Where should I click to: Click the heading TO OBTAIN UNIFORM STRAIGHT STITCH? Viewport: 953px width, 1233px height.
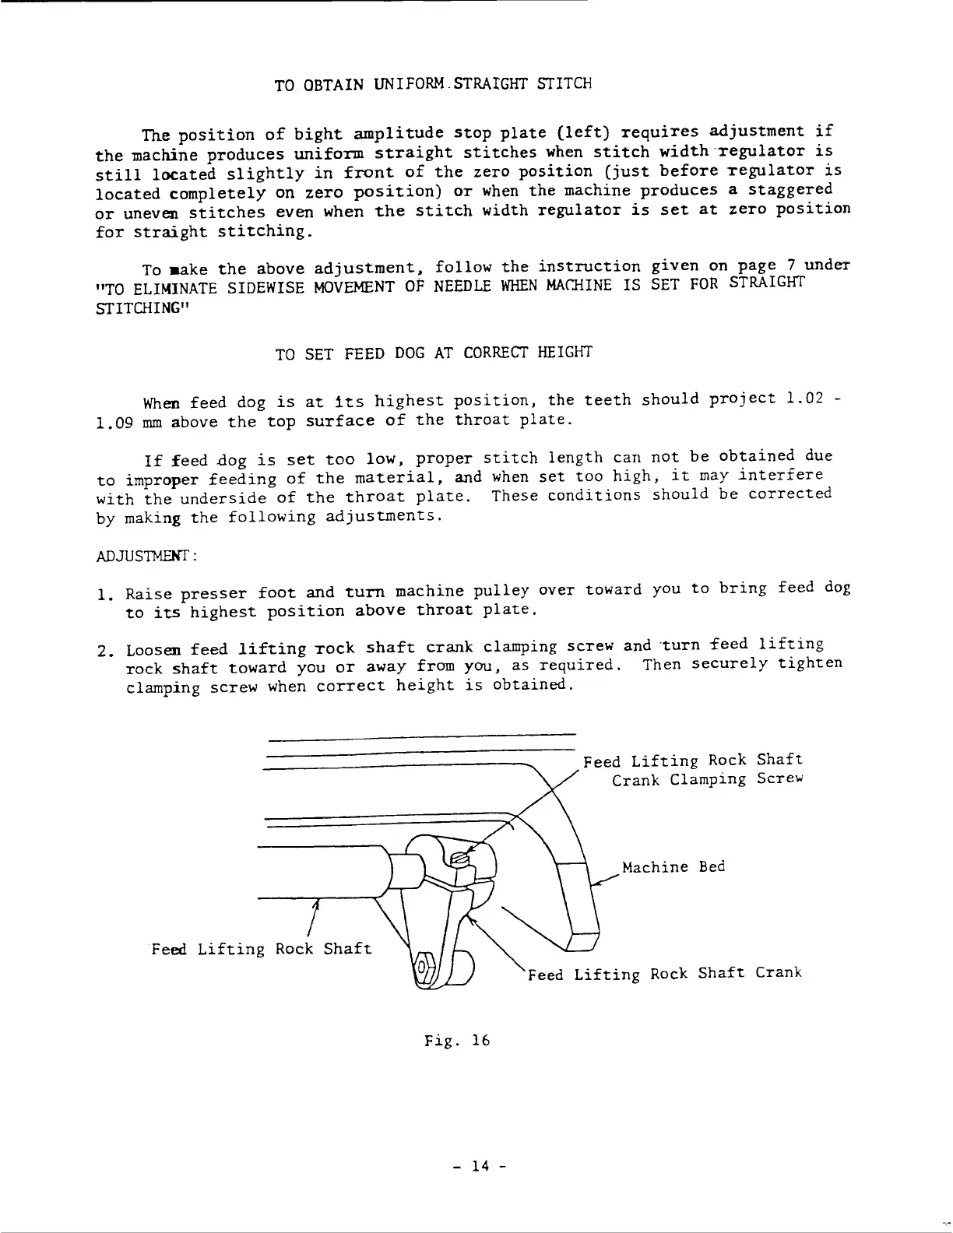(x=434, y=83)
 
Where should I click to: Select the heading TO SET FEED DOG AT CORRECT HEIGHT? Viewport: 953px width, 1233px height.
(x=434, y=353)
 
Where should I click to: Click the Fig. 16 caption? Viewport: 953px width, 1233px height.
(x=457, y=1040)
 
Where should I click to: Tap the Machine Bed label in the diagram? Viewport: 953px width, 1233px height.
(x=673, y=867)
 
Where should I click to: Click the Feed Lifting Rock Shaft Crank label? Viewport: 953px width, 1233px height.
(x=664, y=974)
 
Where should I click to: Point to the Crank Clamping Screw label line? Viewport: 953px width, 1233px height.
(x=707, y=779)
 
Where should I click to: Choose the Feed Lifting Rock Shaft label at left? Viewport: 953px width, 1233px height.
(x=262, y=949)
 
